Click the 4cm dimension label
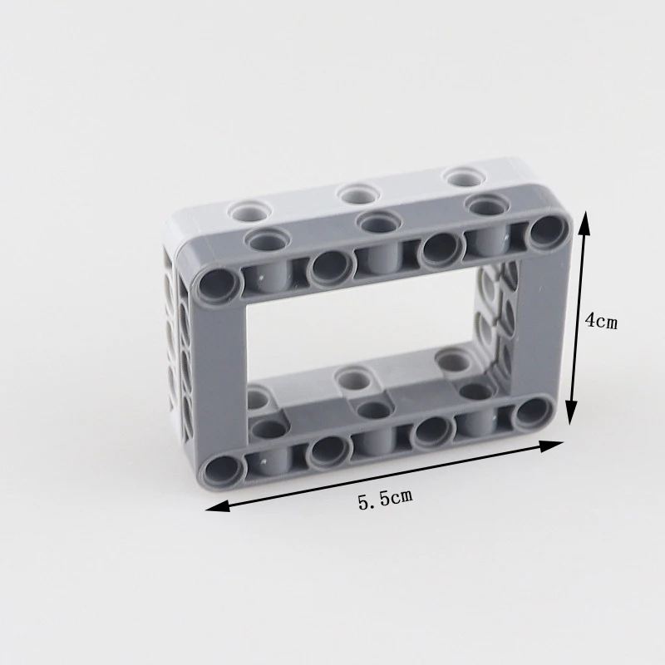601,321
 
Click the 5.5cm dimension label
385,499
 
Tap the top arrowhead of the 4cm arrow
585,224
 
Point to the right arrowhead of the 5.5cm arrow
550,446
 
